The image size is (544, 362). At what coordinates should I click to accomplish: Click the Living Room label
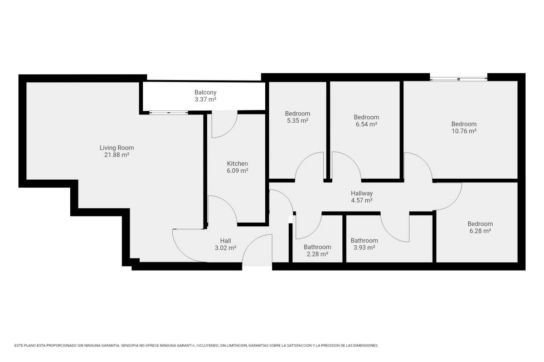(117, 148)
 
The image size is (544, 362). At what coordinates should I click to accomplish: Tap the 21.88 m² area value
(117, 155)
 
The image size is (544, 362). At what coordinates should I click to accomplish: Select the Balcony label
(205, 92)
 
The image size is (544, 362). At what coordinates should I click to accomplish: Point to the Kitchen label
(237, 163)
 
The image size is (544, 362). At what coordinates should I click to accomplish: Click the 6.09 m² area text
(237, 171)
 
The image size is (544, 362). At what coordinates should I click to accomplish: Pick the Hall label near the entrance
(225, 241)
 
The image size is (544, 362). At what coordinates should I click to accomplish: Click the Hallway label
(362, 194)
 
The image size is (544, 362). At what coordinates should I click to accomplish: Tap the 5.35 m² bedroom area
(297, 120)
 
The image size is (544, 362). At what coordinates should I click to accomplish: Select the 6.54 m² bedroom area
(366, 124)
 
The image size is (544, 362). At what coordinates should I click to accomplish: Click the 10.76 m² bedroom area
(464, 131)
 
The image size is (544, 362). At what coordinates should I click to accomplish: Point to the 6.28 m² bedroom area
(480, 231)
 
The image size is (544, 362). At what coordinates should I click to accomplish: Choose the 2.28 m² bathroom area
(317, 254)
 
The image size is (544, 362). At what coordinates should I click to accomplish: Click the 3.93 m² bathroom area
(364, 248)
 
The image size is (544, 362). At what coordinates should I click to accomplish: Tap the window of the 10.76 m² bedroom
(458, 79)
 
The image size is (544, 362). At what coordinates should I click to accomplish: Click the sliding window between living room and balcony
(169, 113)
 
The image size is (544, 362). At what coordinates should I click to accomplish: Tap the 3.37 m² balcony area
(205, 100)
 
